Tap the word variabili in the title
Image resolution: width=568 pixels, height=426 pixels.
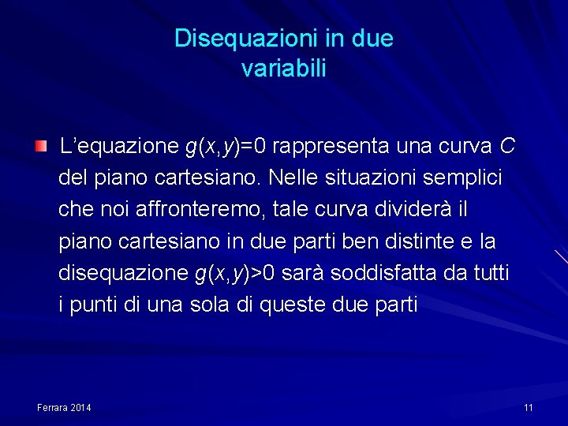tap(284, 69)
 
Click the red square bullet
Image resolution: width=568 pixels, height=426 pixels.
tap(41, 145)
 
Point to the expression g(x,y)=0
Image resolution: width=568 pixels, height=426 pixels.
tap(226, 147)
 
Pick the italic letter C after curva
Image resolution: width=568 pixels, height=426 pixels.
tap(507, 146)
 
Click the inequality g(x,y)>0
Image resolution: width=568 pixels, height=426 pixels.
tap(234, 273)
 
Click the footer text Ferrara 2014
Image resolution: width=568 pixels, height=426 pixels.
tap(64, 407)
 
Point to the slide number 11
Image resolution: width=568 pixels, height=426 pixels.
tap(529, 407)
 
